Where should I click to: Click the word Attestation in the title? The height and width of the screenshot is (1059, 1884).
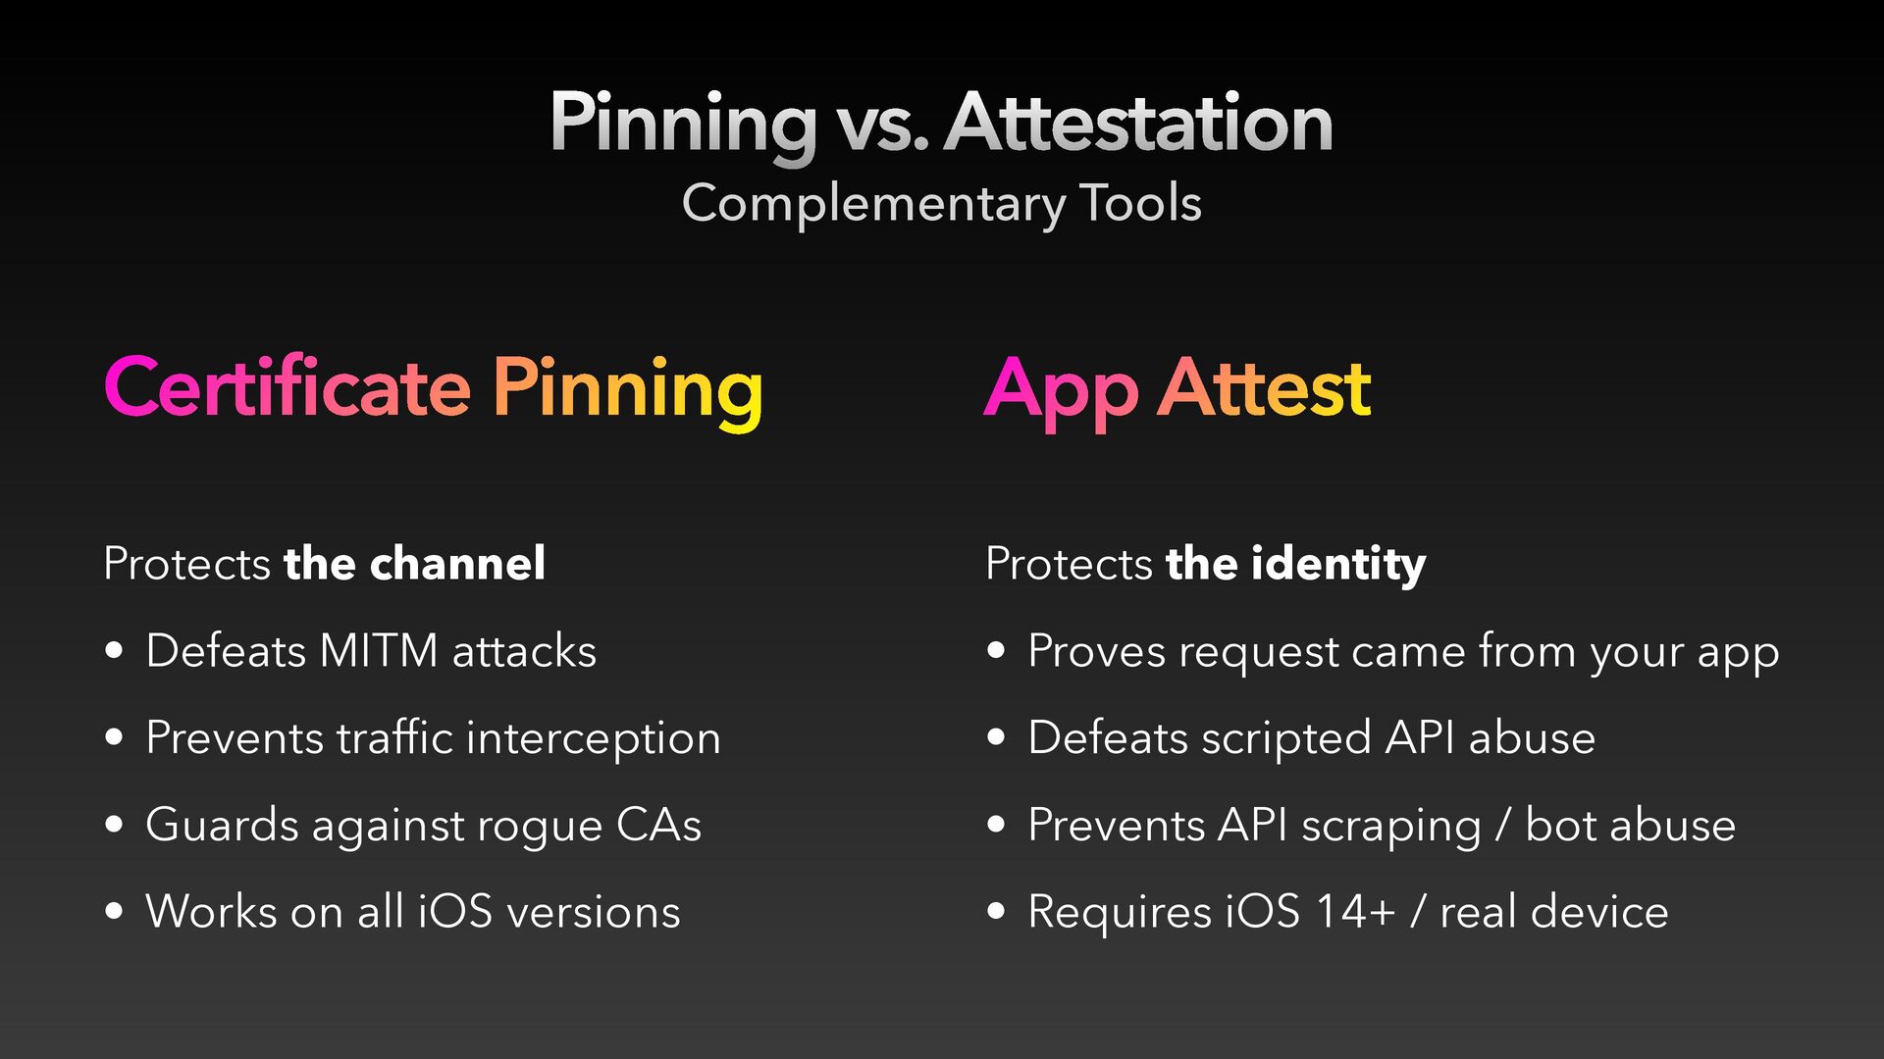coord(1138,123)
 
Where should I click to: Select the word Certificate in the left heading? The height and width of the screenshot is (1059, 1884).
coord(288,386)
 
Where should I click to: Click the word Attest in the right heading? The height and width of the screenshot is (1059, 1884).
coord(1265,388)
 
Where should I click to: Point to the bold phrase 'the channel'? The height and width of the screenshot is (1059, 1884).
coord(414,564)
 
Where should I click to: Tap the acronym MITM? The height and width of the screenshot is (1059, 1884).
coord(379,651)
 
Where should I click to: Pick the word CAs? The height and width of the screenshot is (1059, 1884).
coord(658,825)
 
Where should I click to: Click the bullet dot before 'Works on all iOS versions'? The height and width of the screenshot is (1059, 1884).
coord(115,912)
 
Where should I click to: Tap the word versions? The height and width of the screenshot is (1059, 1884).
coord(594,913)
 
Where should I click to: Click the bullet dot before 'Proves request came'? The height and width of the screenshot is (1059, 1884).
coord(997,650)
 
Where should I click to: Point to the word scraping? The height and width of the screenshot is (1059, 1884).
coord(1391,828)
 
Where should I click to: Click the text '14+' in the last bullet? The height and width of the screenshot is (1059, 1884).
coord(1355,912)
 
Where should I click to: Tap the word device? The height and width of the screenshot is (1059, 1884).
coord(1600,912)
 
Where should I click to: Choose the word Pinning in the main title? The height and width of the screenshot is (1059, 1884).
coord(683,126)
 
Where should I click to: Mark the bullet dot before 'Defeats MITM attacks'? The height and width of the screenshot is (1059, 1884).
coord(115,650)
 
